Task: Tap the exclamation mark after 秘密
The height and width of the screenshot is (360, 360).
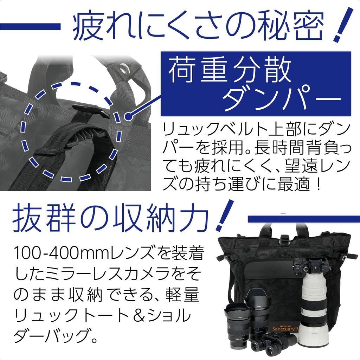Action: click(342, 25)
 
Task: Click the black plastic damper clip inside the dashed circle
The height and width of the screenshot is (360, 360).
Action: click(91, 110)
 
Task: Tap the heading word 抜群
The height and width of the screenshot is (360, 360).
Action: click(44, 218)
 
